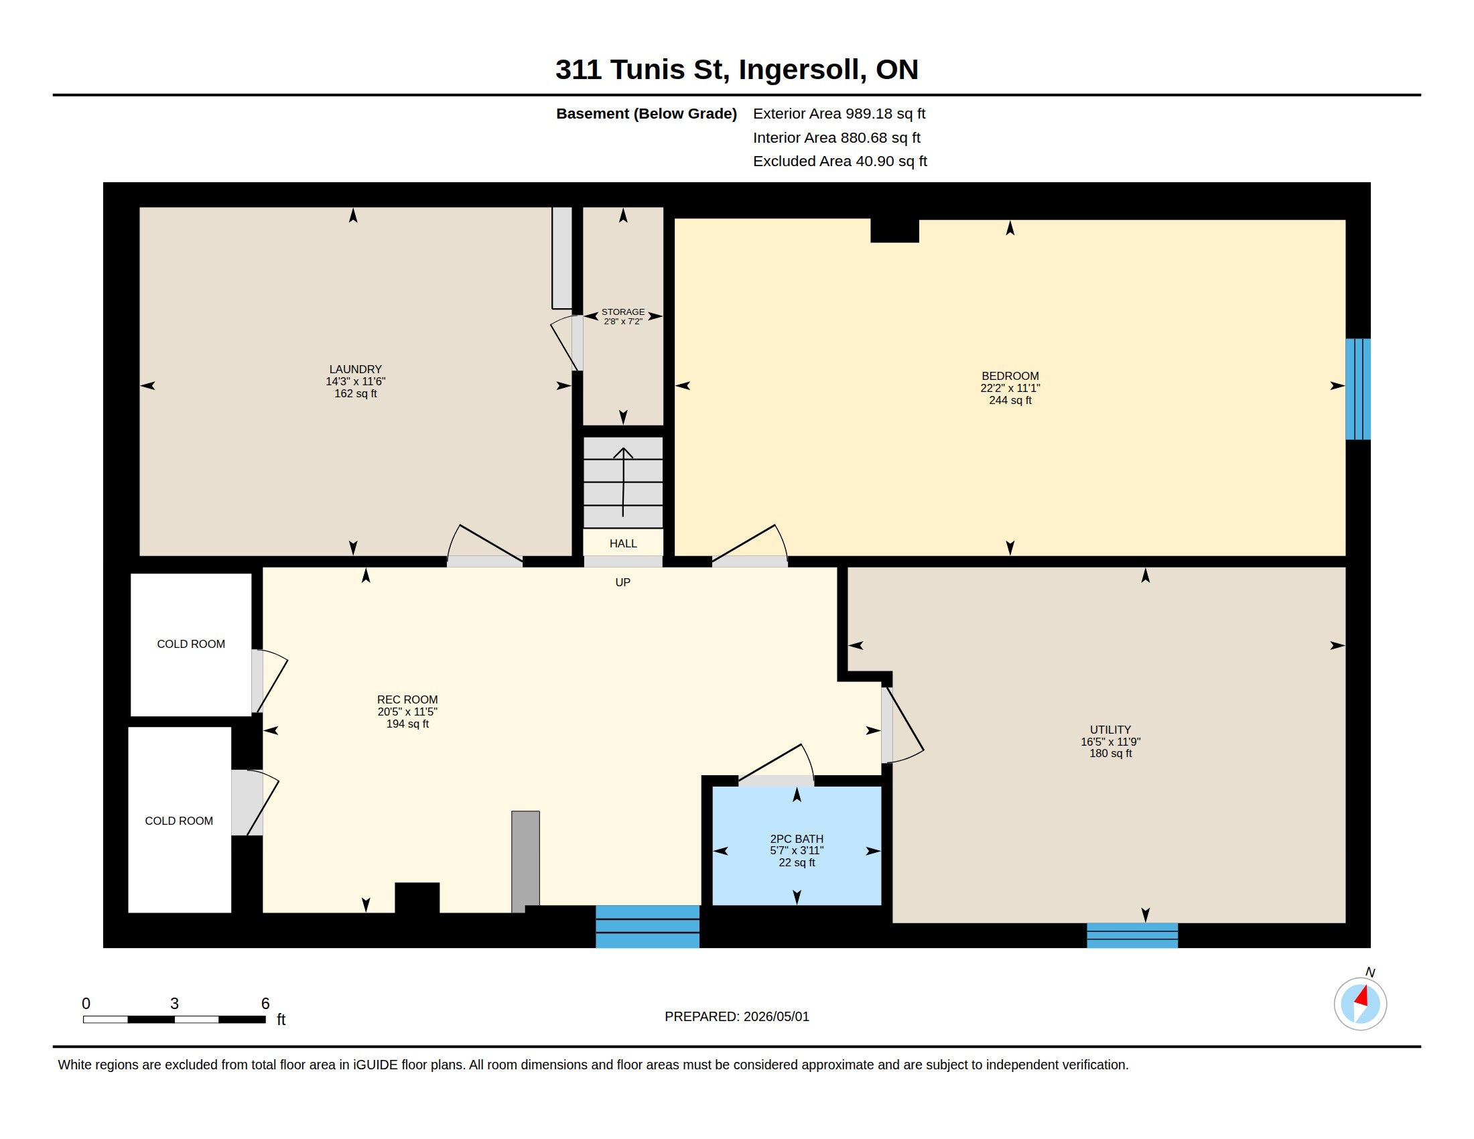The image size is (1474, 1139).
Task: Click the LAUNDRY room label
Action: (x=356, y=369)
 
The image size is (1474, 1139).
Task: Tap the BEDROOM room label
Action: (x=1010, y=376)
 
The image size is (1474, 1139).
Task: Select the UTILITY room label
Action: (x=1110, y=730)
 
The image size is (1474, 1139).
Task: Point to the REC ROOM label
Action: (x=407, y=699)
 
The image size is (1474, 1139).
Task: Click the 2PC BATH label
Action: (x=797, y=839)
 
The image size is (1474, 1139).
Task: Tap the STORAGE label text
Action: (x=623, y=312)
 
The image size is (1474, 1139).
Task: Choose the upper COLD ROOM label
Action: (x=191, y=645)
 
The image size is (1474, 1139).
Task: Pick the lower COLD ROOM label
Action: (x=179, y=821)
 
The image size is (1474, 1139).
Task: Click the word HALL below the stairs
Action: (x=623, y=543)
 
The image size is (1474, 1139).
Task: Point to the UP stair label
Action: (x=623, y=582)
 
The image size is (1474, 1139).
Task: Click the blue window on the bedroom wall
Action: (x=1358, y=389)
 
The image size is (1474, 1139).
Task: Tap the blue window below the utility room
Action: (x=1132, y=935)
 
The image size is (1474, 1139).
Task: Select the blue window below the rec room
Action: (x=647, y=927)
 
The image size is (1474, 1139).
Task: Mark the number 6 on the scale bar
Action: (x=265, y=1004)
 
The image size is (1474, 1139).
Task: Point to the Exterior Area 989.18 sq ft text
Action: (x=839, y=114)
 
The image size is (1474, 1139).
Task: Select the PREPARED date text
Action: (x=737, y=1016)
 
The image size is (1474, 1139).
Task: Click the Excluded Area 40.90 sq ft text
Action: (x=840, y=161)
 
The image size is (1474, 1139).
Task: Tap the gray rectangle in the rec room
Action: (x=526, y=862)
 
